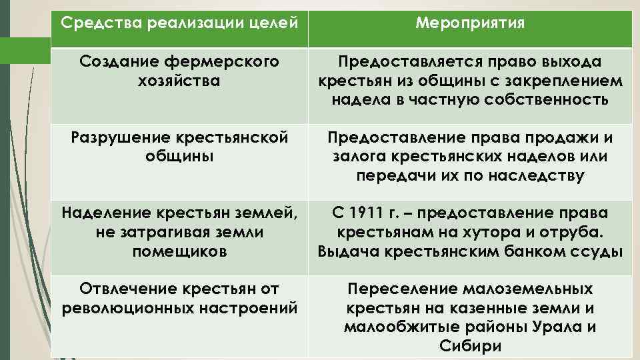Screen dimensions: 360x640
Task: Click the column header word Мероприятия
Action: pos(469,23)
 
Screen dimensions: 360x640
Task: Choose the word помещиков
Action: pos(179,251)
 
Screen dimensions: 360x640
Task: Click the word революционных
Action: pos(126,308)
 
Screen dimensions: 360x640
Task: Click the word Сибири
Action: pos(469,346)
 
